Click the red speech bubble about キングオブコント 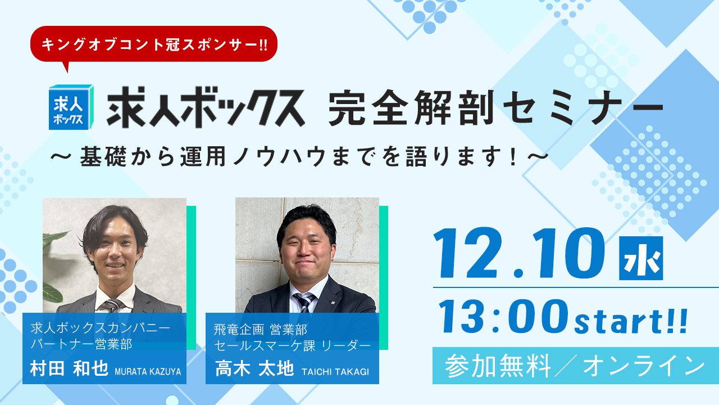(153, 44)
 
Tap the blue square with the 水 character (640, 258)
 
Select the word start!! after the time (631, 320)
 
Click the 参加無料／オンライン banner (575, 366)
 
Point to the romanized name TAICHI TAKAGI (335, 371)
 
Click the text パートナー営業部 (81, 344)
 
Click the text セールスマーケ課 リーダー (292, 344)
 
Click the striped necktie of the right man (304, 302)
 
